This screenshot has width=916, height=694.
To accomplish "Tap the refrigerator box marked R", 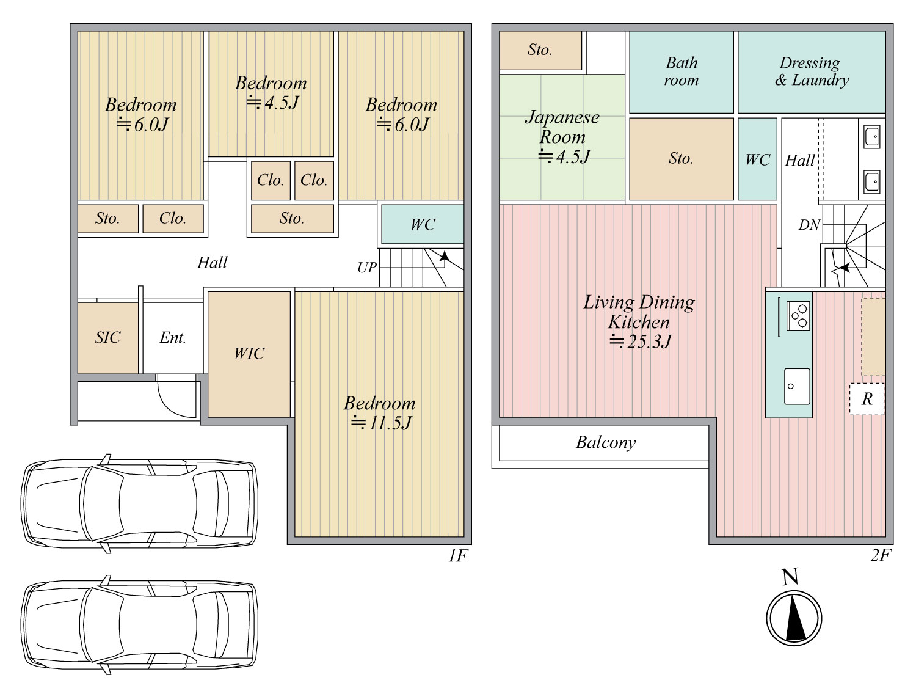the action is click(x=867, y=399).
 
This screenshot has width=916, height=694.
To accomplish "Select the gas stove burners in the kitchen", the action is click(x=799, y=316).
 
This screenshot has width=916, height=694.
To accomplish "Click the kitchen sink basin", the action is click(x=797, y=387).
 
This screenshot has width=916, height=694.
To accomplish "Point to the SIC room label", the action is click(x=107, y=337).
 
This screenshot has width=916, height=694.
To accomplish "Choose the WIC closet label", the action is click(x=249, y=354).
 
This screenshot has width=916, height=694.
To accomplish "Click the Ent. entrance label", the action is click(x=173, y=337).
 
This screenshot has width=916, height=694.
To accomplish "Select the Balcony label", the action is click(x=606, y=443).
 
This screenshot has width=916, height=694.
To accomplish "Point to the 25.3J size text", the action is click(x=640, y=342).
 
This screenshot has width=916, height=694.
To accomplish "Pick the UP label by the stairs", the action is click(x=367, y=268).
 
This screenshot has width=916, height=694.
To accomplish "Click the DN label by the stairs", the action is click(x=809, y=225).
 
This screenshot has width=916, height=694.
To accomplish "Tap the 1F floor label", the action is click(x=458, y=556).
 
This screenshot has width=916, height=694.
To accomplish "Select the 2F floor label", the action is click(x=881, y=555).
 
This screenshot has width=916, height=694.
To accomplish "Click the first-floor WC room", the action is click(x=423, y=224).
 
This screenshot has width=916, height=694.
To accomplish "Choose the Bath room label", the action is click(x=682, y=71).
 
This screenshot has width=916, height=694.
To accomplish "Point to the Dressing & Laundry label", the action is click(x=812, y=71).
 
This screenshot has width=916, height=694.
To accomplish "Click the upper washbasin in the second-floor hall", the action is click(x=872, y=136).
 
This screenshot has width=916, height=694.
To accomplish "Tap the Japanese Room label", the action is click(x=562, y=127).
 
